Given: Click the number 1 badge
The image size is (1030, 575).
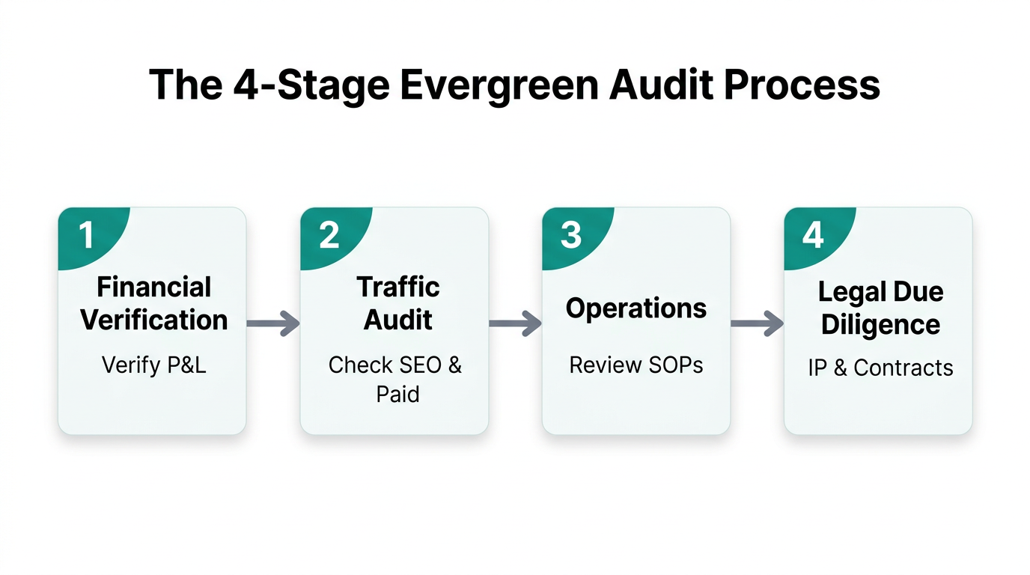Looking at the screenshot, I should coord(87,235).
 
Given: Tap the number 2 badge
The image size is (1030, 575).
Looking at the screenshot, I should coord(329,235).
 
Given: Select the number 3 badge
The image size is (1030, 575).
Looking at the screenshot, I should coord(571,235).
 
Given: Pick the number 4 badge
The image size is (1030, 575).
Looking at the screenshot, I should coord(813,235).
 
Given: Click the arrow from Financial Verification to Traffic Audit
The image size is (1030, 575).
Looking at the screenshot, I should coord(272,323).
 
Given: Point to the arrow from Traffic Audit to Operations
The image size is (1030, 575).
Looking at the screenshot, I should coord(515,323).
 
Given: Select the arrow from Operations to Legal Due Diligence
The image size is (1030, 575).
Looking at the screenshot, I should coord(757,323).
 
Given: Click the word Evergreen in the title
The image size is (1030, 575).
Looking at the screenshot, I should coord(499,85).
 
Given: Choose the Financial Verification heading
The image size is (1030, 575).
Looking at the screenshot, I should coord(154,303).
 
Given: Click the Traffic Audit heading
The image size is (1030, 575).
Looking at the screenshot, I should coord(397,303).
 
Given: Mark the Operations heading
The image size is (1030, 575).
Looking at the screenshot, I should coord(636,308).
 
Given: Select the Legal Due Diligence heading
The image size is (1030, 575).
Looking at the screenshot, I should coord(880,308).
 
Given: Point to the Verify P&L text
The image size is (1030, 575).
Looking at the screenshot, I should coord(153,365).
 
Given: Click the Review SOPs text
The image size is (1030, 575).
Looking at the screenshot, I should coord(636,365).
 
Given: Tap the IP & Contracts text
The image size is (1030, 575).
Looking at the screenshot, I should coord(880,368).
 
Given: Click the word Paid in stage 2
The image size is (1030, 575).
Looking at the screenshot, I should coord(397,394).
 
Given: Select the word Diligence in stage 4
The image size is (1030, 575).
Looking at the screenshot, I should coord(880,325).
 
